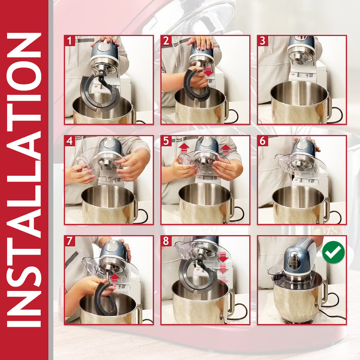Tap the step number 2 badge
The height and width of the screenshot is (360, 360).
[166, 41]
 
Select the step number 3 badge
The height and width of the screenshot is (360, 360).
[263, 41]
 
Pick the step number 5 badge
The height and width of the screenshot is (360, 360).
[166, 141]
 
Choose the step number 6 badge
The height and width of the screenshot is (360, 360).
[263, 141]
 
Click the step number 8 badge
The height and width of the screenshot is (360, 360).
[166, 241]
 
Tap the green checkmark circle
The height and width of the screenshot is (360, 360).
[333, 252]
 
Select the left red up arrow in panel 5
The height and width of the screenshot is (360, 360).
[184, 149]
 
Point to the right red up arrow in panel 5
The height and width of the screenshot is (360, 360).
[225, 149]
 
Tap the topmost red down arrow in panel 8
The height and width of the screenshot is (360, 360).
[223, 257]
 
